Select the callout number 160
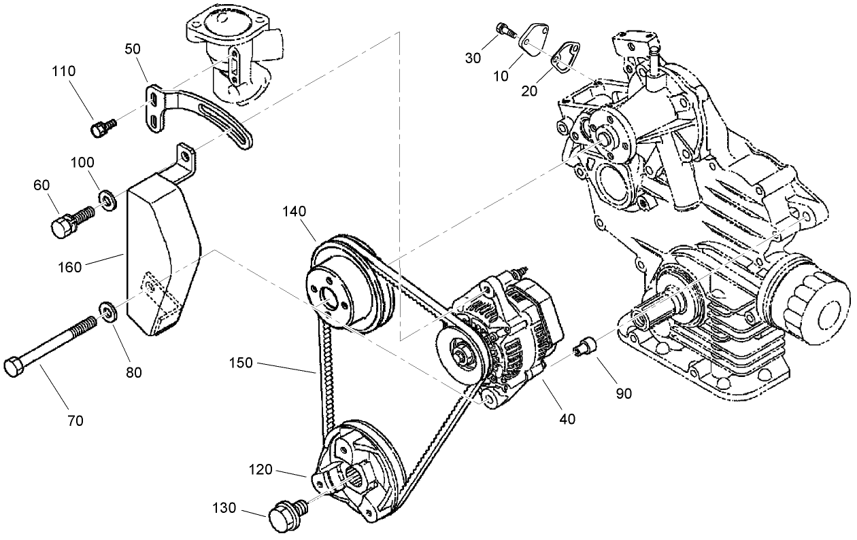[69, 267]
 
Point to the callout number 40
[567, 419]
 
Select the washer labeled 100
[107, 198]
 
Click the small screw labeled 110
[103, 127]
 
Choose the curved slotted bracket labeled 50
[204, 115]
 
